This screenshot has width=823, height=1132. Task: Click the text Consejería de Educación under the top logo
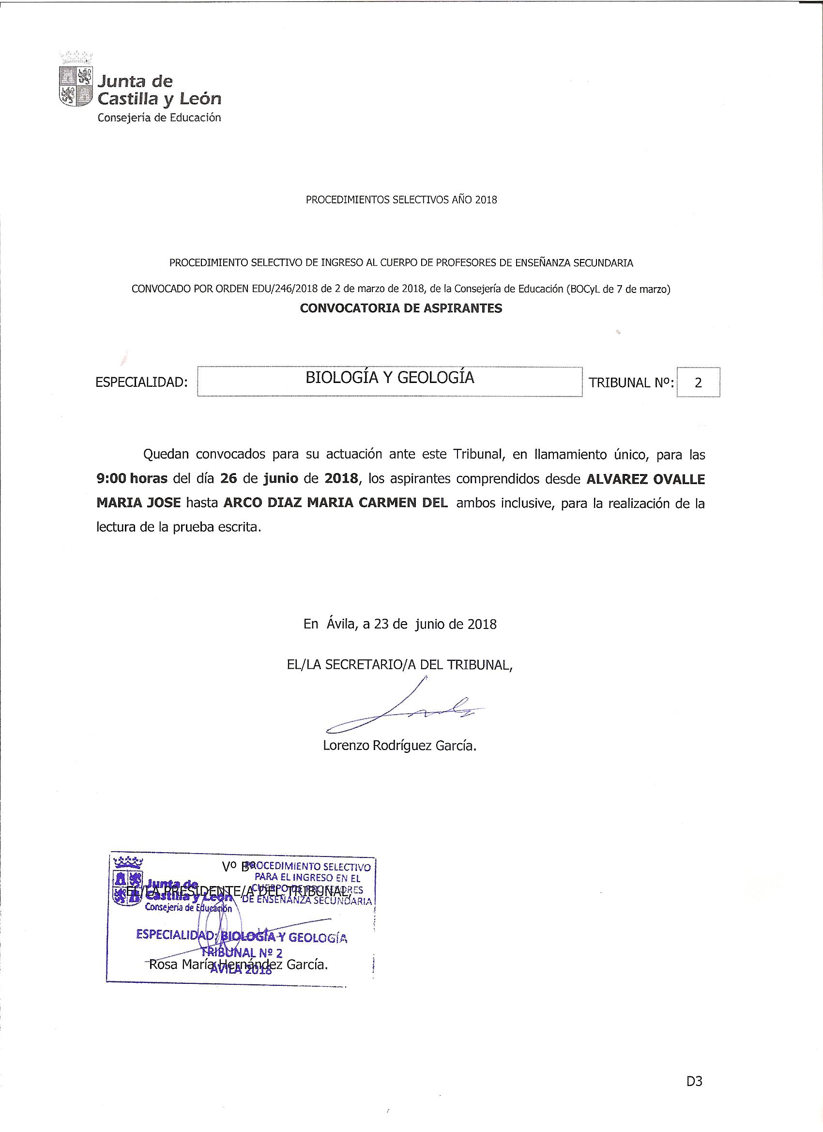(159, 118)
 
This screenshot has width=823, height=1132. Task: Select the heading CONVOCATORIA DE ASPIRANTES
(401, 308)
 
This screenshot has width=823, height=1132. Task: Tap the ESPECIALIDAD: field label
(141, 382)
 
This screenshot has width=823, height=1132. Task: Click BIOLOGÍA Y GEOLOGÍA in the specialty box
(390, 377)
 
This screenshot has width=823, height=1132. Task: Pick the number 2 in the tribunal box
(698, 382)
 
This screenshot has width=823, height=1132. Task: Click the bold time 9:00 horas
(132, 478)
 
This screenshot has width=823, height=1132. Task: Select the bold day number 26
(228, 478)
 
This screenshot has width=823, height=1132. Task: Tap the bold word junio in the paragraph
(281, 478)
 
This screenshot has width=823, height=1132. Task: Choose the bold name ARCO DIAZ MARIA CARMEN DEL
(335, 503)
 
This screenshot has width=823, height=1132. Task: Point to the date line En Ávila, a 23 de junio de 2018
(400, 624)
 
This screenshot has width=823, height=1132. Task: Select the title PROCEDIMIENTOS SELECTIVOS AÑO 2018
(401, 199)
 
